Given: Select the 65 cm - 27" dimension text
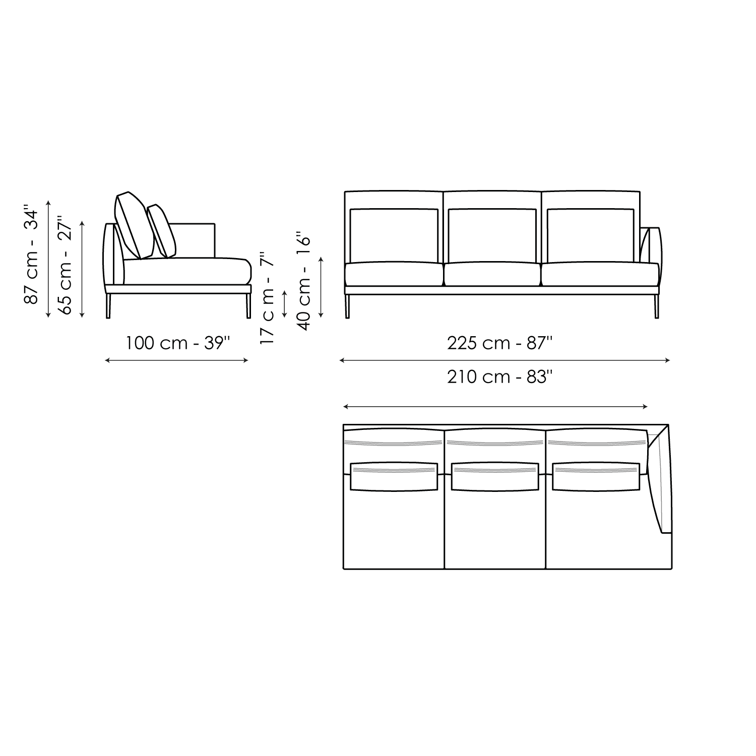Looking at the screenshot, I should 66,266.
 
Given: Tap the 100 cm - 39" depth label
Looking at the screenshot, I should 177,343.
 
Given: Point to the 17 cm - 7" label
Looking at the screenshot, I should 268,299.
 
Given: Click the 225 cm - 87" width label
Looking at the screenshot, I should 500,343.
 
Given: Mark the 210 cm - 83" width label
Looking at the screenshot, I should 500,377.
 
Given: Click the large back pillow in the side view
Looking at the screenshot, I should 133,226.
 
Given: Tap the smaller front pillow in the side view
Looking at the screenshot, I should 162,231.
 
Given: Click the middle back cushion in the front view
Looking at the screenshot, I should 491,235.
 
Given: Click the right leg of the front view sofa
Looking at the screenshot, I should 656,306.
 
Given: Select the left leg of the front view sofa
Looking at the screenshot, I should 347,306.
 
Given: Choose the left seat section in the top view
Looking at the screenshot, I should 394,529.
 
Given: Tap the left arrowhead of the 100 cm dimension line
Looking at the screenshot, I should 106,360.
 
